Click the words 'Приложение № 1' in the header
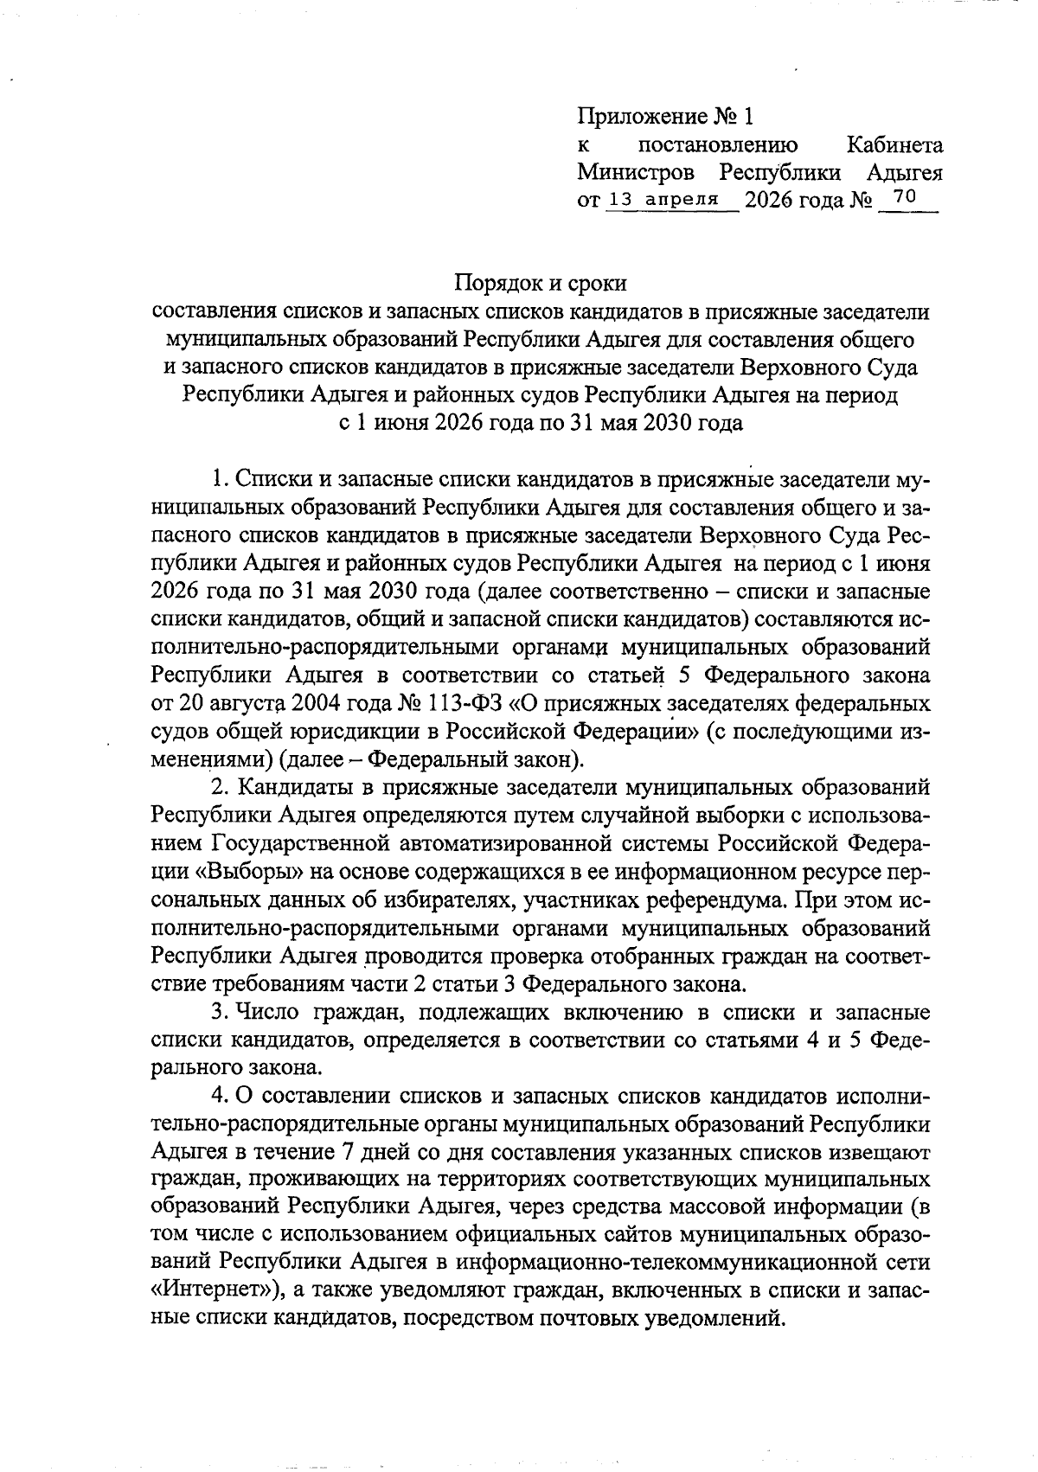[x=665, y=116]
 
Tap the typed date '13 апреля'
[x=664, y=199]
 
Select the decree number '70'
[x=904, y=197]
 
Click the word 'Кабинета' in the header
[x=894, y=144]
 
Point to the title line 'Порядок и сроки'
[x=541, y=283]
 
